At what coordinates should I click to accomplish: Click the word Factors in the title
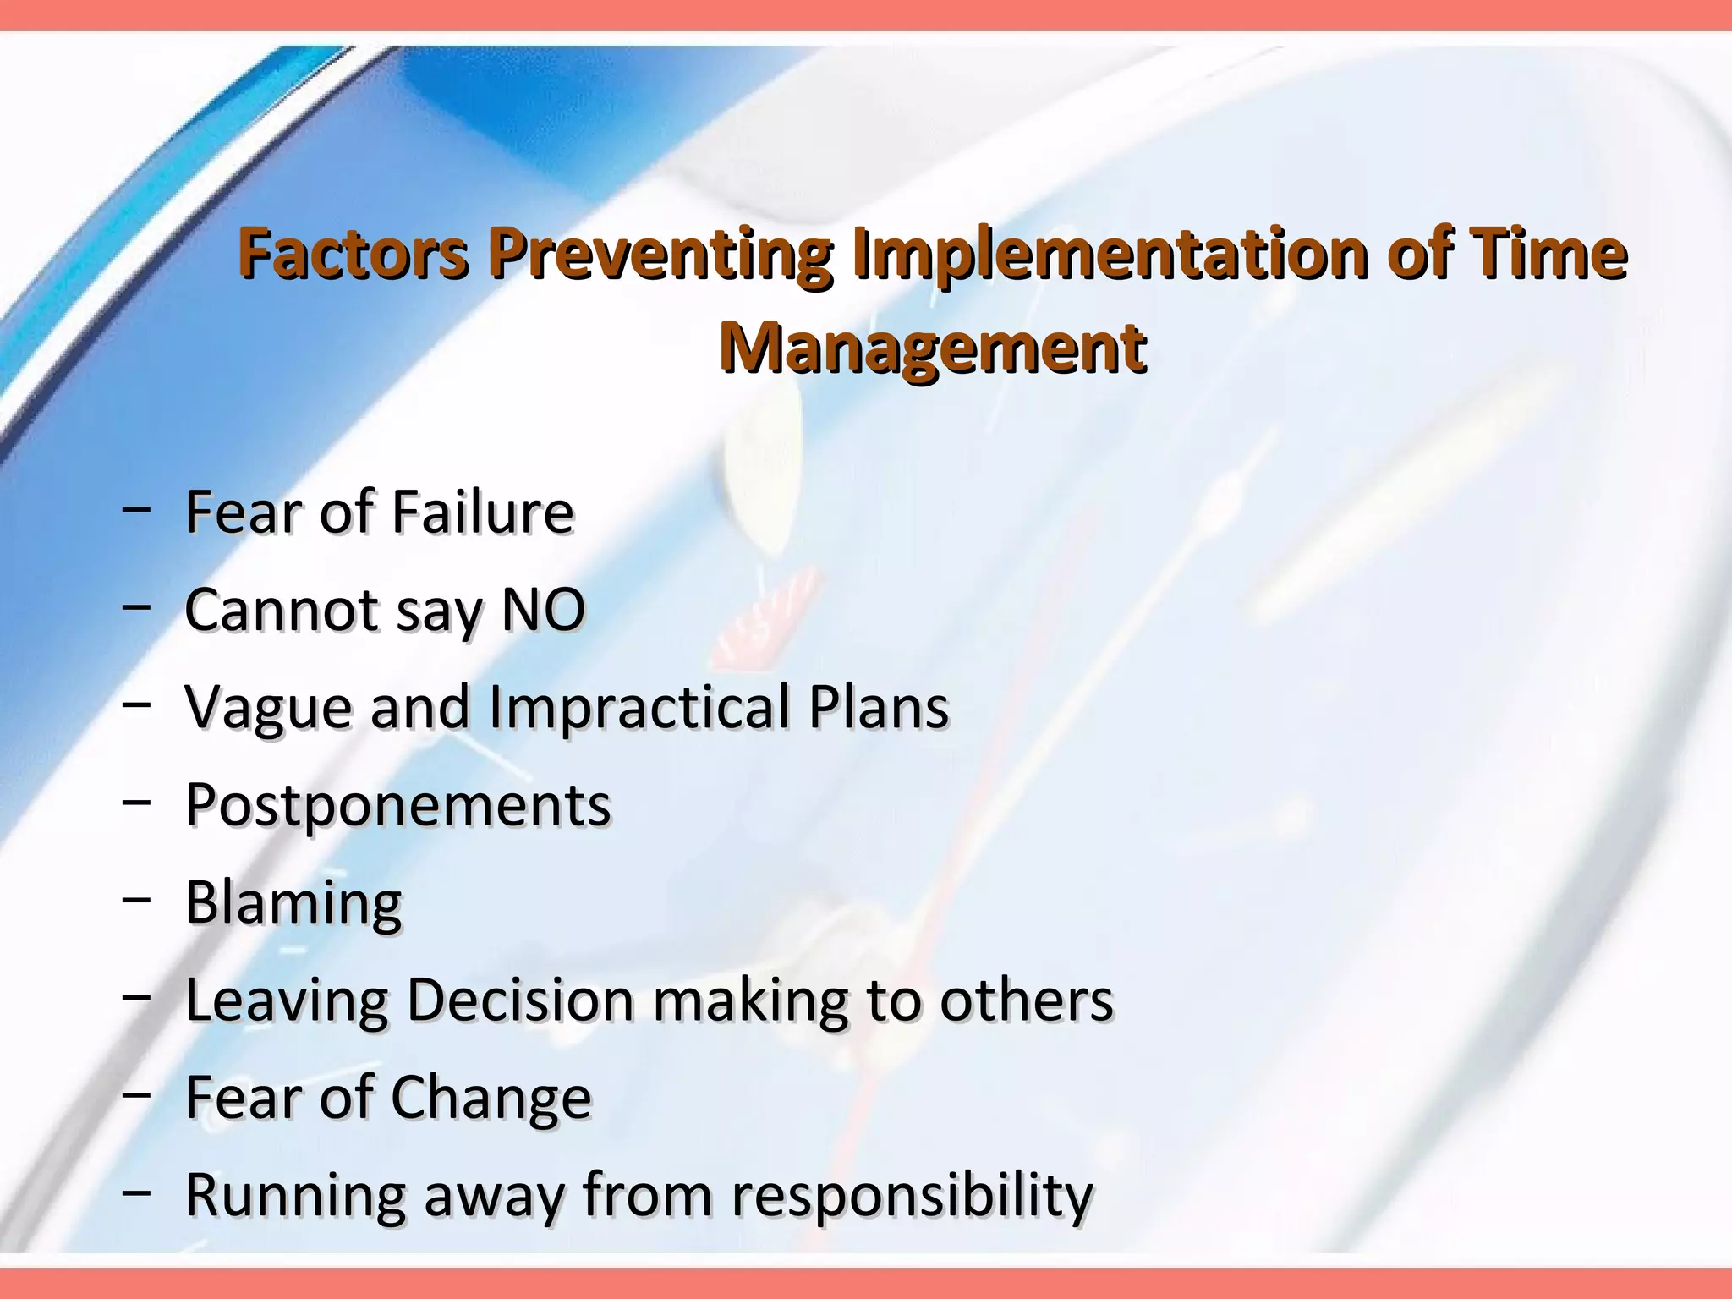click(352, 253)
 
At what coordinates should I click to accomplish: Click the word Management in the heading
click(933, 348)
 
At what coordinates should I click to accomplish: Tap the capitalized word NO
click(543, 610)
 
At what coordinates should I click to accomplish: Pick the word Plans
click(879, 707)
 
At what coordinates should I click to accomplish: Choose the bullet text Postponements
click(397, 805)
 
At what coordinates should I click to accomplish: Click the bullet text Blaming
click(293, 903)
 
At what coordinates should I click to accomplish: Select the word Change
click(491, 1099)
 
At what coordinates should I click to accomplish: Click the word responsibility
click(912, 1197)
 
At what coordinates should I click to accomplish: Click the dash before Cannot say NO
click(136, 607)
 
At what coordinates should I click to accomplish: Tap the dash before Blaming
click(136, 900)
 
